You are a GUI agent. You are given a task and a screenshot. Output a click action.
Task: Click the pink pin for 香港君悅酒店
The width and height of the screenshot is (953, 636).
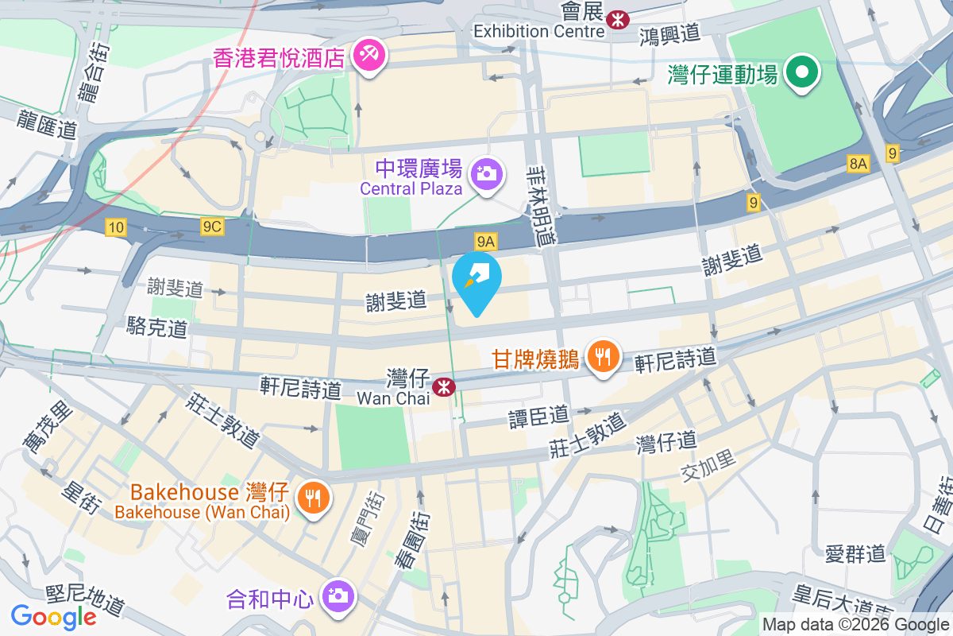pyautogui.click(x=370, y=56)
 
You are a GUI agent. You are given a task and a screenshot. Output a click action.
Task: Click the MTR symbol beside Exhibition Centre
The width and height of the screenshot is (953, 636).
pyautogui.click(x=615, y=19)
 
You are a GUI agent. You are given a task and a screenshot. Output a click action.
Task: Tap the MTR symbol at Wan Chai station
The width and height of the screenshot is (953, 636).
pyautogui.click(x=443, y=387)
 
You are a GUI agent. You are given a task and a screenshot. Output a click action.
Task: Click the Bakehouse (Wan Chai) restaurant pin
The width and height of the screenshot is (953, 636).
pyautogui.click(x=314, y=498)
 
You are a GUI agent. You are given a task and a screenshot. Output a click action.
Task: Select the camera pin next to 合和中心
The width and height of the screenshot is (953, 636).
pyautogui.click(x=338, y=595)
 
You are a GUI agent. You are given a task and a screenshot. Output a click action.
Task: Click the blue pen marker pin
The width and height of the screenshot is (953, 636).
pyautogui.click(x=476, y=280)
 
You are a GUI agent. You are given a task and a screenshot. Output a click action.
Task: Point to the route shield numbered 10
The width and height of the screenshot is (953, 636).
pyautogui.click(x=116, y=228)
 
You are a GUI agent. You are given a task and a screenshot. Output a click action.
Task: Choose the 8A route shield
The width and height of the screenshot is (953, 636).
pyautogui.click(x=858, y=165)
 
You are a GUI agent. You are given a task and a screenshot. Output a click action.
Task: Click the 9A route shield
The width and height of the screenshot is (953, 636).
pyautogui.click(x=486, y=241)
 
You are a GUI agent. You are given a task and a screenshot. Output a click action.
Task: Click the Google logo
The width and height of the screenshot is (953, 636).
pyautogui.click(x=53, y=616)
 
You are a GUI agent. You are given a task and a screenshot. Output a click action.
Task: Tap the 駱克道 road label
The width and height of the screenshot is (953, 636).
pyautogui.click(x=157, y=327)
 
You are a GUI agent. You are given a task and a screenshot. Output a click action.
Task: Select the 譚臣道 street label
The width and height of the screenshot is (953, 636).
pyautogui.click(x=538, y=415)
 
